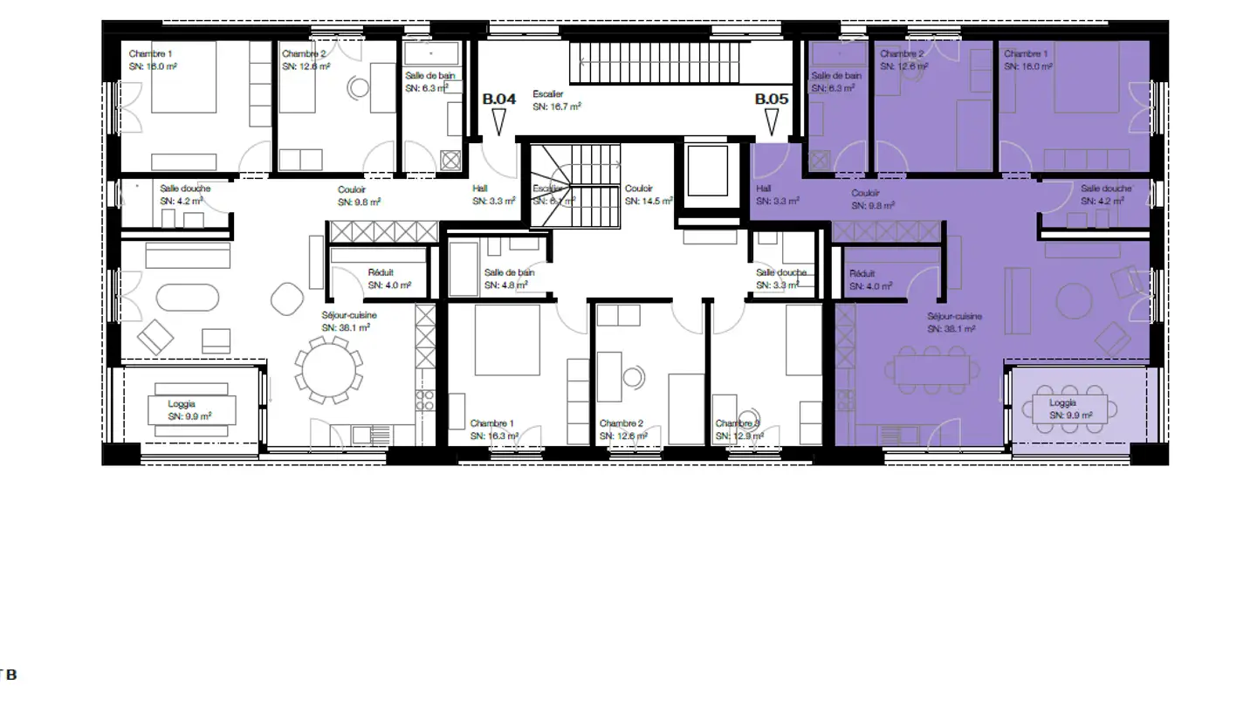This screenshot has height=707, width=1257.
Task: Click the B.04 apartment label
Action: (x=499, y=100)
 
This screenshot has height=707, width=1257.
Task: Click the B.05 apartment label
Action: (x=772, y=100)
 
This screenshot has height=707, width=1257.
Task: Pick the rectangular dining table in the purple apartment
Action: (x=931, y=369)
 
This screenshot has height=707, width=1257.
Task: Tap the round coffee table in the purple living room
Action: (x=1074, y=302)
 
